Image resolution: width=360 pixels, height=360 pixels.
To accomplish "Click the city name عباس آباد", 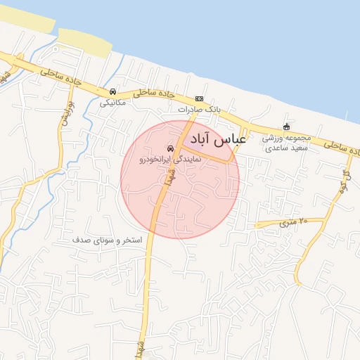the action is pos(215,139).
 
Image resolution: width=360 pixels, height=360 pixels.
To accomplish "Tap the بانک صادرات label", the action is pos(199,110).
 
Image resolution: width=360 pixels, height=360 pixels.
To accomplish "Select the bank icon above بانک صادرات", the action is pos(200,98).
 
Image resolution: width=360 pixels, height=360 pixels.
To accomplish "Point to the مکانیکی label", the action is pos(112,103).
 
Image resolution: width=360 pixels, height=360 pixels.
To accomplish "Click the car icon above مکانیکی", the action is pos(112,91).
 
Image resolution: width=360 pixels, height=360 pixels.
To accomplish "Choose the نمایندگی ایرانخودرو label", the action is pos(171,160).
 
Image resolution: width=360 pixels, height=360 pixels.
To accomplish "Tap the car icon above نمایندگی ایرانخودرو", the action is pos(170,148).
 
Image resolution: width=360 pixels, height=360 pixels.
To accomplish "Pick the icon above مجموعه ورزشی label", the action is pos(286,127).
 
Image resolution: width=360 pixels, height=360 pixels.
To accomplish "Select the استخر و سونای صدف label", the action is pos(108,240).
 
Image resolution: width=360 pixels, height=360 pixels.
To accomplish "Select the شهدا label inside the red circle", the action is pos(170,181).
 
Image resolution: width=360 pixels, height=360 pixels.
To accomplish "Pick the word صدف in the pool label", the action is pos(80,240).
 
